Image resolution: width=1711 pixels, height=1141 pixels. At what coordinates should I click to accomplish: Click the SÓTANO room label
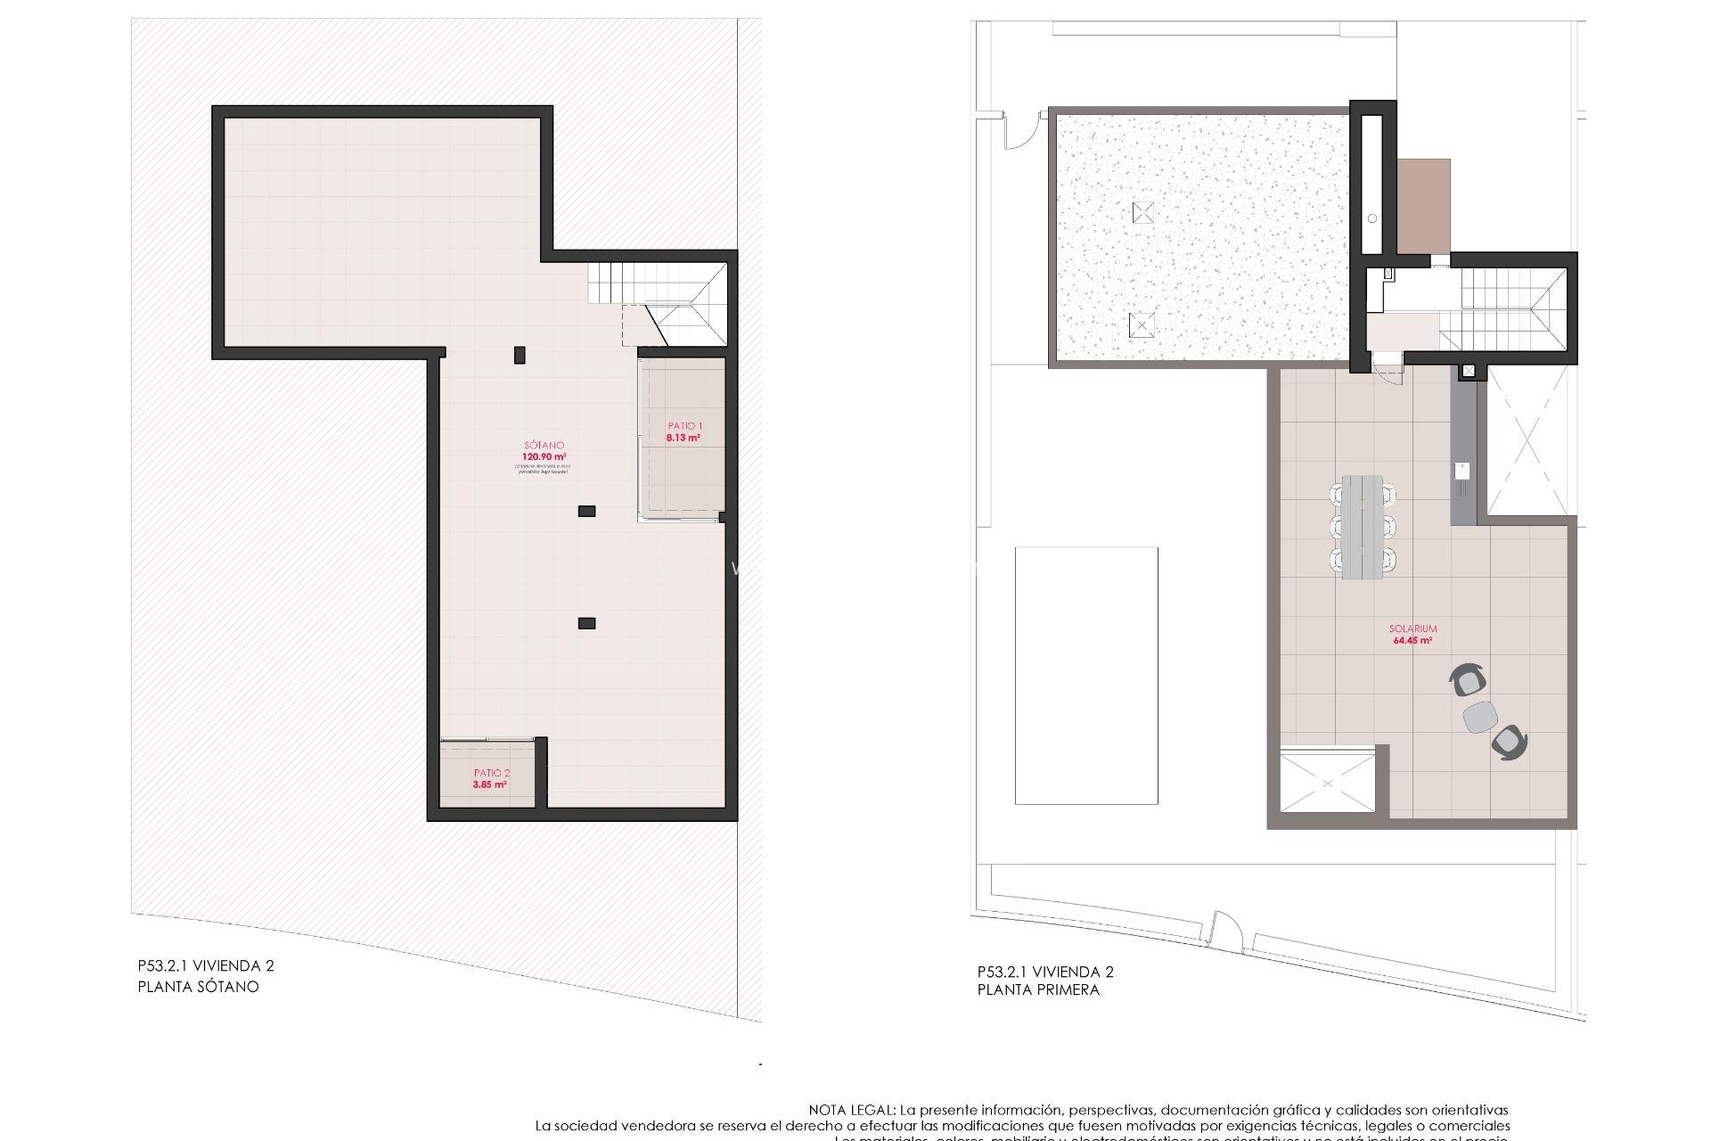point(544,445)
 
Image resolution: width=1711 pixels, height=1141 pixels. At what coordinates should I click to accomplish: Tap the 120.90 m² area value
point(544,457)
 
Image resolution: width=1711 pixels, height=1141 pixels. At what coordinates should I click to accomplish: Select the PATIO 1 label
point(685,426)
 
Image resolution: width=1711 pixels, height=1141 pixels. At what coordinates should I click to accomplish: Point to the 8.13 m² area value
point(684,438)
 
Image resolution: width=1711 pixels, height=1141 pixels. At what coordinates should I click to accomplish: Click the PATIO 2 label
point(492,773)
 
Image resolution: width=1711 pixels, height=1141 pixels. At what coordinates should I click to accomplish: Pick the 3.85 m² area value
point(490,784)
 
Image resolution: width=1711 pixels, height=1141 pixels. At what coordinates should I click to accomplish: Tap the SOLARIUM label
point(1412,628)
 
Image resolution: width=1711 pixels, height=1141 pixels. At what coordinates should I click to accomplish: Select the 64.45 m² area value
point(1412,640)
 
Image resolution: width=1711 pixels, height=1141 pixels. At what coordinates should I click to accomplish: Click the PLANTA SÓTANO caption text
point(198,987)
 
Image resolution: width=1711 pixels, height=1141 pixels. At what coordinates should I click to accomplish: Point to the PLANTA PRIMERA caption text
point(1038,989)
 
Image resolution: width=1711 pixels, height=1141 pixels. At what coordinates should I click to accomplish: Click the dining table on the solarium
point(1362,527)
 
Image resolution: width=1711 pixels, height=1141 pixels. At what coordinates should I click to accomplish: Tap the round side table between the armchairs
point(1480,717)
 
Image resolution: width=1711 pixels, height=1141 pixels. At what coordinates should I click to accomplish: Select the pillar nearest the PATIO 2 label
point(586,623)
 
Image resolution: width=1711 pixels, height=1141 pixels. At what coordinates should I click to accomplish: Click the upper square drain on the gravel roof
point(1143,212)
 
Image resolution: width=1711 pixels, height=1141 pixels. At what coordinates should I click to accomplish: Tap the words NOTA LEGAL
point(851,1110)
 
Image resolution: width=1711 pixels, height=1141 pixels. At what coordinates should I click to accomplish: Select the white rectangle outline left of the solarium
point(1086,676)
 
